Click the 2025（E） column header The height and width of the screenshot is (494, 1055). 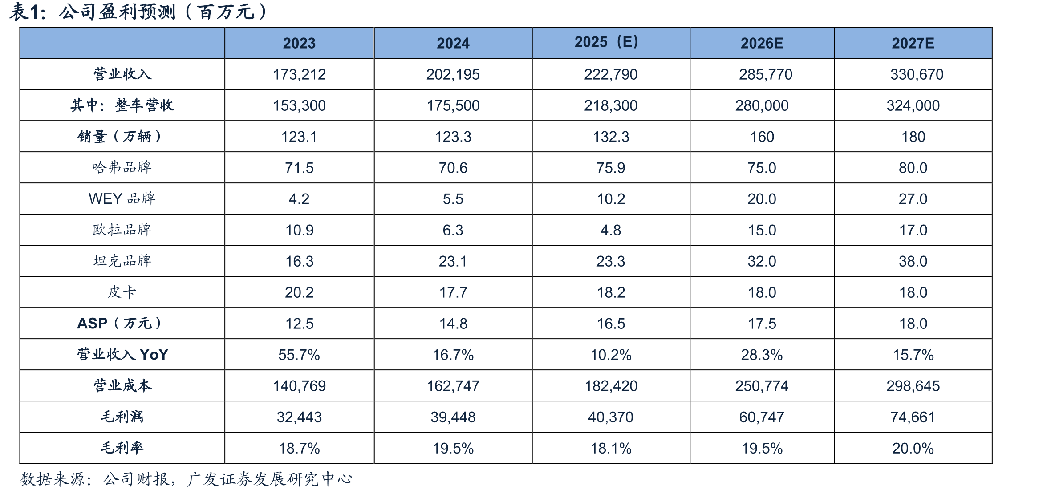click(x=607, y=42)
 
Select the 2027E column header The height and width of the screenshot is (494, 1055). click(x=913, y=43)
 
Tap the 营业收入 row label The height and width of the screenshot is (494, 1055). click(x=122, y=74)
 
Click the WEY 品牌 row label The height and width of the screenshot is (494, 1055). click(x=122, y=198)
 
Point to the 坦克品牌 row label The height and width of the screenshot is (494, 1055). click(x=122, y=261)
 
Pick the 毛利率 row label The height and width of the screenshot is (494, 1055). click(x=122, y=448)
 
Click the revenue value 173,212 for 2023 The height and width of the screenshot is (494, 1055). click(x=299, y=74)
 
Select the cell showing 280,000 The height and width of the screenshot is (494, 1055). click(x=762, y=105)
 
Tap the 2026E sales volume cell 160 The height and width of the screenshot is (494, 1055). click(x=762, y=137)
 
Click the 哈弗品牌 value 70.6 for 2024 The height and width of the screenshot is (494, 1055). click(x=453, y=168)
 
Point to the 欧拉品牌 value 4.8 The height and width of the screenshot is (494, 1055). click(x=611, y=230)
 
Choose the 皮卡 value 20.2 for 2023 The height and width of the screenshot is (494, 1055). click(x=299, y=292)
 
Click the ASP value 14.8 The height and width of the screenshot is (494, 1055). click(x=453, y=324)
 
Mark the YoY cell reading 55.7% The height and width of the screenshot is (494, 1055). click(x=299, y=355)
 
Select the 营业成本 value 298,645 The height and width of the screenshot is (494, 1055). click(x=913, y=386)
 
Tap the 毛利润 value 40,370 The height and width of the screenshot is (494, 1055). click(x=611, y=417)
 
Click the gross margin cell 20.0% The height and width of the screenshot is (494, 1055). click(x=913, y=448)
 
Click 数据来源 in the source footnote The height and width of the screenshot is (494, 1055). click(x=53, y=479)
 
